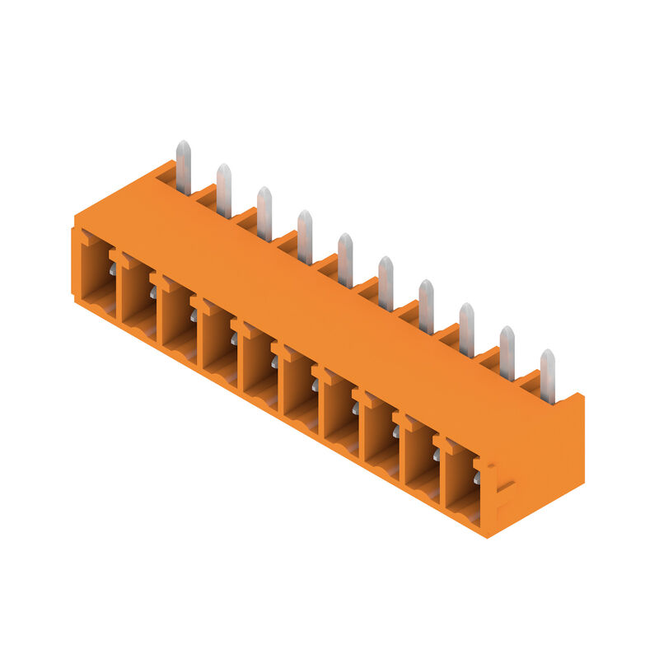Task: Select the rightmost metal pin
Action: click(x=547, y=375)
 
